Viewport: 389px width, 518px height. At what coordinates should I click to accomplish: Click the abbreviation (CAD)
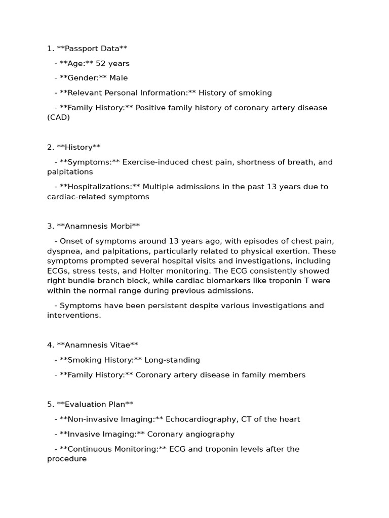58,117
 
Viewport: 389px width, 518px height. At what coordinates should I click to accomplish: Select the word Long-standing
172,360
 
